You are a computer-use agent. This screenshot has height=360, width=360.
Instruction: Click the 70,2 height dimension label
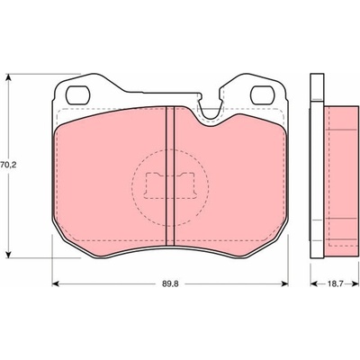pos(7,165)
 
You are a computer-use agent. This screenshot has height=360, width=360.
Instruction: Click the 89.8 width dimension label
pos(170,283)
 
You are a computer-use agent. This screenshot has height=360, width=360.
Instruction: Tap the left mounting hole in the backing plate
pos(77,94)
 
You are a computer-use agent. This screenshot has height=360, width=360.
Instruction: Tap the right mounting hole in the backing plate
pos(263,94)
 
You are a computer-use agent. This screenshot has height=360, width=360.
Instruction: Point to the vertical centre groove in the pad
pos(170,176)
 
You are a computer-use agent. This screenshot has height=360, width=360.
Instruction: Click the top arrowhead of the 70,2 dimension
pos(9,77)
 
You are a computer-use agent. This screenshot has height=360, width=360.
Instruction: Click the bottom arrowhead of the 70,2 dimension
pos(9,254)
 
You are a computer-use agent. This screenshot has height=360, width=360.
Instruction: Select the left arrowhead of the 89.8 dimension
pos(56,283)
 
